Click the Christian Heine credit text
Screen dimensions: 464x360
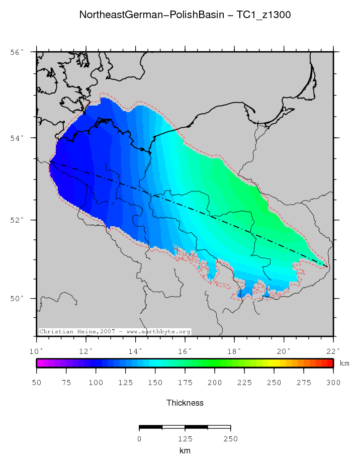click(115, 332)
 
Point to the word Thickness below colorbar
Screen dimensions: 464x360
click(185, 403)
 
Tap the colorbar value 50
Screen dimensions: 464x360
click(37, 383)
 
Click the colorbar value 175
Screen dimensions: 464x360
click(185, 383)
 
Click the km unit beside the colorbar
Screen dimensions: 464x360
click(344, 363)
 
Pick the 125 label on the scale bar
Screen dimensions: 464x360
click(185, 439)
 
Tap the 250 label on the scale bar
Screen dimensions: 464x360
click(230, 439)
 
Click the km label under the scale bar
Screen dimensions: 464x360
click(185, 451)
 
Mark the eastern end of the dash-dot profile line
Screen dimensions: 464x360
click(328, 266)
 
